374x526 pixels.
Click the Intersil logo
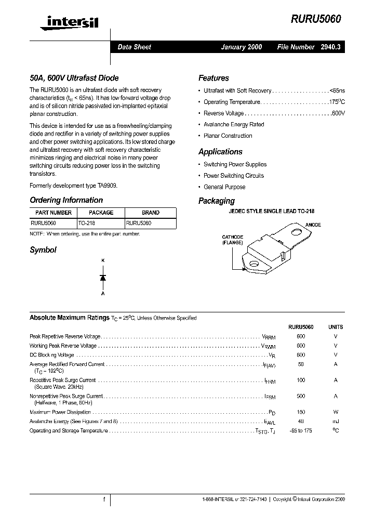pyautogui.click(x=65, y=21)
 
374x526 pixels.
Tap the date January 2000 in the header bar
pyautogui.click(x=242, y=47)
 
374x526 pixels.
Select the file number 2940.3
pyautogui.click(x=330, y=47)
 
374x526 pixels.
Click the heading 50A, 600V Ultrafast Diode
pyautogui.click(x=74, y=78)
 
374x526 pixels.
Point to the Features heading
pyautogui.click(x=213, y=78)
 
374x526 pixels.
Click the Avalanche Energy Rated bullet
pyautogui.click(x=234, y=125)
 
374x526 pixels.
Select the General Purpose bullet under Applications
pyautogui.click(x=224, y=187)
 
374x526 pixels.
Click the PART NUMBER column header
pyautogui.click(x=54, y=213)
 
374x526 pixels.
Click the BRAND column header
pyautogui.click(x=151, y=213)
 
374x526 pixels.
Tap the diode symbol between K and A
pyautogui.click(x=103, y=278)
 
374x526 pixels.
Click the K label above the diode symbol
pyautogui.click(x=103, y=260)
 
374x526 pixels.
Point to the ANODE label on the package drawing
pyautogui.click(x=313, y=225)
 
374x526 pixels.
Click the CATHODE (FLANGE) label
pyautogui.click(x=233, y=240)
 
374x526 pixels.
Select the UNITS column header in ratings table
pyautogui.click(x=336, y=327)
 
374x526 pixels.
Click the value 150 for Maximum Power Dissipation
pyautogui.click(x=301, y=412)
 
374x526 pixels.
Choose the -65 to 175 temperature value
pyautogui.click(x=301, y=431)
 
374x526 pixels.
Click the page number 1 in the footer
pyautogui.click(x=104, y=499)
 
